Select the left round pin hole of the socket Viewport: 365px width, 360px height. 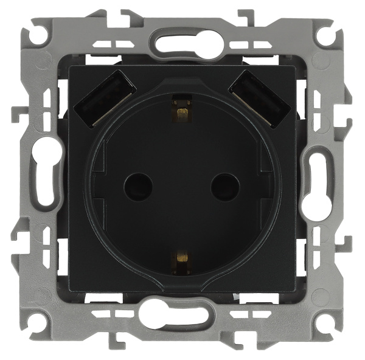click(137, 187)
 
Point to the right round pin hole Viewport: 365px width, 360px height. click(225, 187)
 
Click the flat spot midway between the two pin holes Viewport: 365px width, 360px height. click(181, 187)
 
